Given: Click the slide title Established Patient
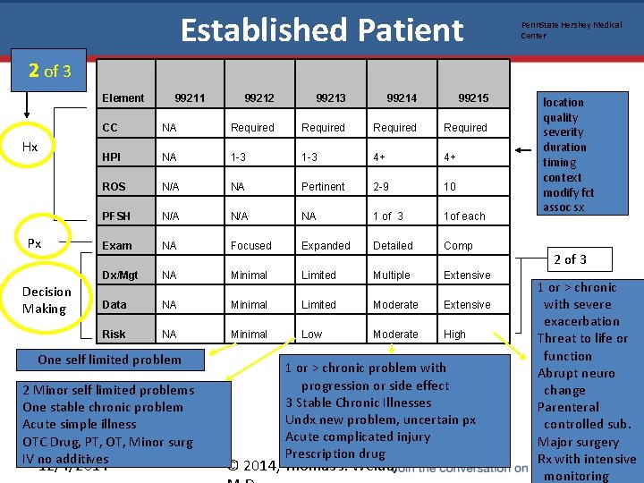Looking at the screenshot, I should [322, 30].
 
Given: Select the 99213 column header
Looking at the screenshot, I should [331, 97].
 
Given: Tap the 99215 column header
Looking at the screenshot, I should [473, 97].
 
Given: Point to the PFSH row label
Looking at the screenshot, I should [116, 216].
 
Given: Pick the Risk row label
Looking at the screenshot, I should [114, 334].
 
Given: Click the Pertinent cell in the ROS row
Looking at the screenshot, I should [323, 186].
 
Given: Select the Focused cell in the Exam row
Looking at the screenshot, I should [250, 245].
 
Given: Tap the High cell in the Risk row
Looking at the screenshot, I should [454, 334].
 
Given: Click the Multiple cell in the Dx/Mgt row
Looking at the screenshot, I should [391, 275].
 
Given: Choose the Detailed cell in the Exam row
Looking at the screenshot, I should [393, 245].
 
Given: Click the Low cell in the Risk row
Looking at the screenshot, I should [311, 334].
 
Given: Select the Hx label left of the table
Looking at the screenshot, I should [30, 147].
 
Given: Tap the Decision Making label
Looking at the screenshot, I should [47, 301].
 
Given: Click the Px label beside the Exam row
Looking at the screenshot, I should [34, 243].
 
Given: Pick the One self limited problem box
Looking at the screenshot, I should [109, 360].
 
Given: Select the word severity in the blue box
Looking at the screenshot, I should [563, 132].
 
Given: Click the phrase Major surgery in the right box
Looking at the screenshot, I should [579, 441].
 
